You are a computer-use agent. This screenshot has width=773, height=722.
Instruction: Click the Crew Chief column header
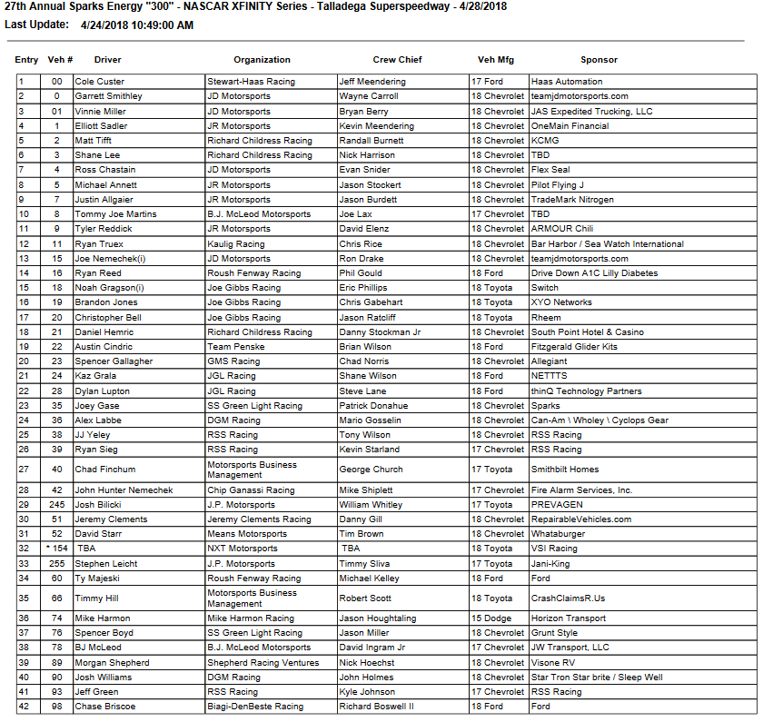(x=397, y=60)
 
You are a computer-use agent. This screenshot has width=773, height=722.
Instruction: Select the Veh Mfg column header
(x=496, y=60)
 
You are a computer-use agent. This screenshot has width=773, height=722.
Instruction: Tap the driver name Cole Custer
(x=100, y=82)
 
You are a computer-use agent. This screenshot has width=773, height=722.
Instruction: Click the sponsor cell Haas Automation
(x=567, y=82)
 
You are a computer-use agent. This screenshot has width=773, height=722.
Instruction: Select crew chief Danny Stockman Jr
(x=380, y=332)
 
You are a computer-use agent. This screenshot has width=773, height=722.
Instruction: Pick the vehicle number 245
(x=58, y=505)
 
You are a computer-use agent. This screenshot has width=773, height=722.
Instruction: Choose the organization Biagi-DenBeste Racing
(x=255, y=707)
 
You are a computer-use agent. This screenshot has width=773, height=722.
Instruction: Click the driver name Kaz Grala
(x=96, y=376)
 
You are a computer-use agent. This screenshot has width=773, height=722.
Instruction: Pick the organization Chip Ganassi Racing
(x=251, y=490)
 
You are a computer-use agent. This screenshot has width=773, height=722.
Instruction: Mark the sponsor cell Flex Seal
(x=551, y=170)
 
